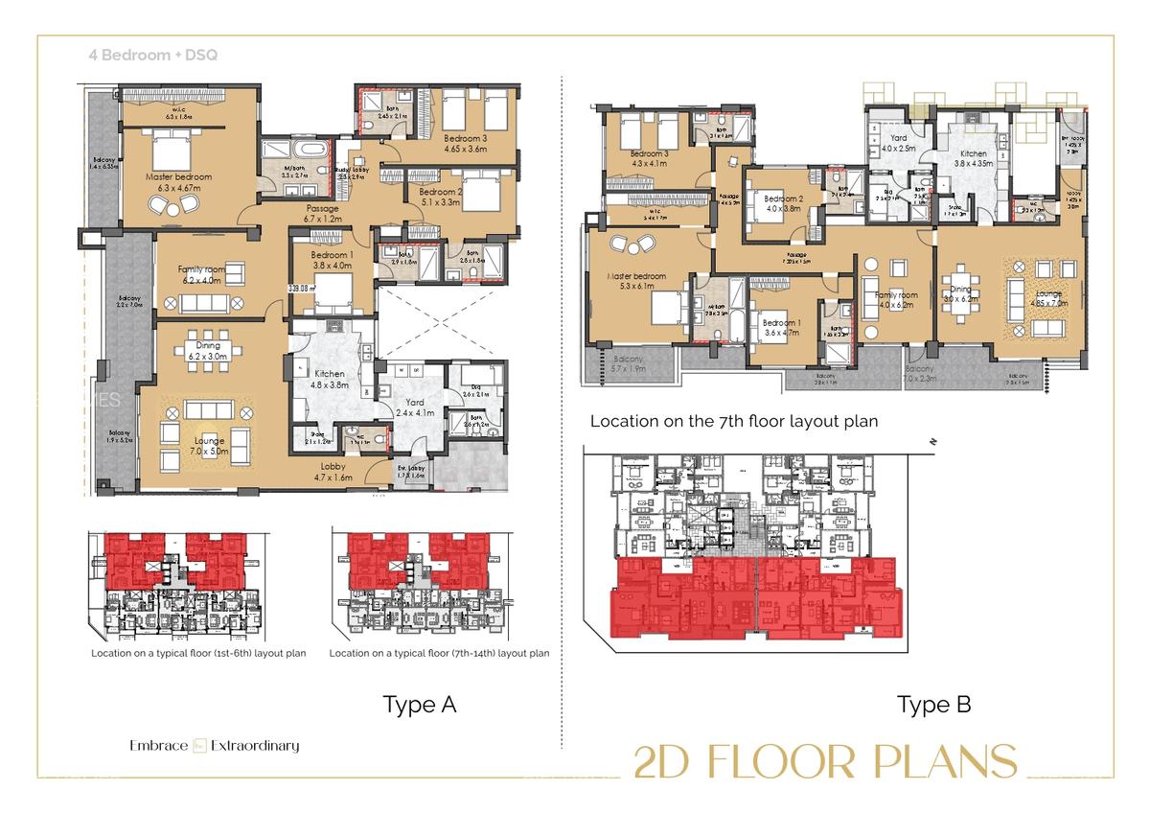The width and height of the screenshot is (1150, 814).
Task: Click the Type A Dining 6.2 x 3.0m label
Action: [207, 350]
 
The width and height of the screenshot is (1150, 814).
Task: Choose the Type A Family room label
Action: [199, 275]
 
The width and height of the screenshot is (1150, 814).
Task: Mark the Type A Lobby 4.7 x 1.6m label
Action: [333, 471]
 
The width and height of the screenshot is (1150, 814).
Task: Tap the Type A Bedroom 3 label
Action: [466, 143]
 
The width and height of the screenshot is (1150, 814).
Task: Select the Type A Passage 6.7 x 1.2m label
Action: [323, 213]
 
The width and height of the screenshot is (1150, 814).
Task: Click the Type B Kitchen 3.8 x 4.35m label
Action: [973, 158]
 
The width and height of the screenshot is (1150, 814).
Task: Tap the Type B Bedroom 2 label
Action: [783, 202]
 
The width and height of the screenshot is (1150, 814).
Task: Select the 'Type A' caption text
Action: [420, 705]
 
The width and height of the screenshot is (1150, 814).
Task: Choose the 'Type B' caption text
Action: [933, 705]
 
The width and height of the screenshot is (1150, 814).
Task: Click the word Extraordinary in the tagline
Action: [255, 745]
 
